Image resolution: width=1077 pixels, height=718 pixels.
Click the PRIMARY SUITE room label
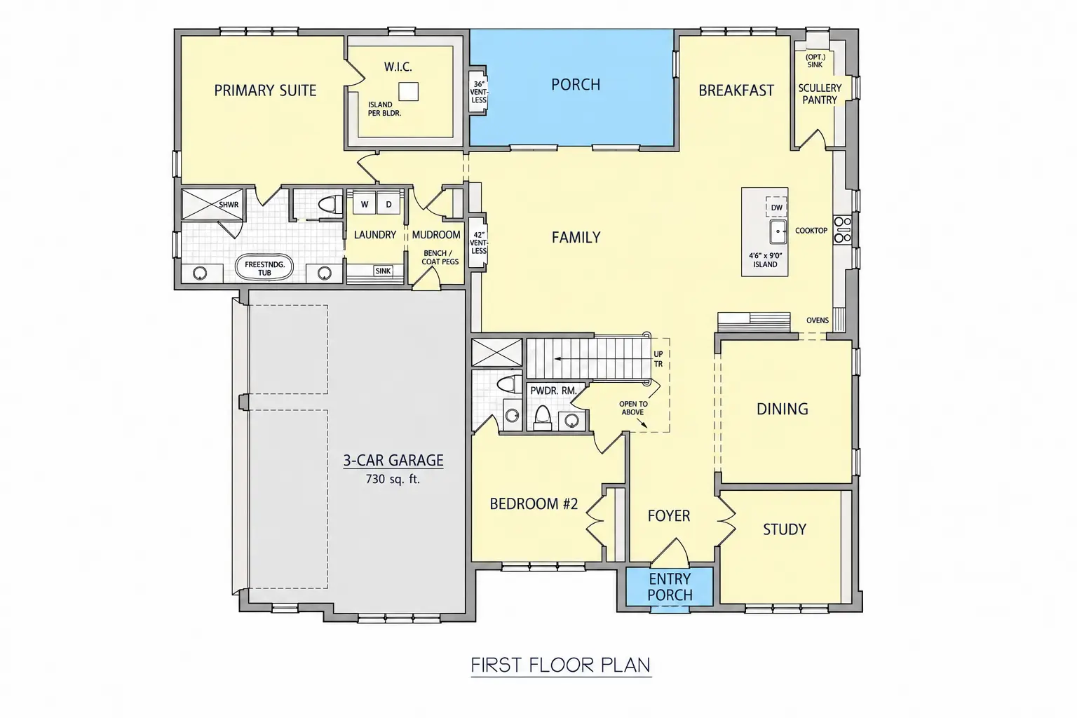[265, 90]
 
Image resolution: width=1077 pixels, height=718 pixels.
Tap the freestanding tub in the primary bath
[264, 269]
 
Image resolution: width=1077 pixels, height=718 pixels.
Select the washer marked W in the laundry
[365, 204]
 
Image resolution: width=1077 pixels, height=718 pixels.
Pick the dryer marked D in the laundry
[388, 204]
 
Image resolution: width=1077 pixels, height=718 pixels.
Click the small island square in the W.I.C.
[408, 91]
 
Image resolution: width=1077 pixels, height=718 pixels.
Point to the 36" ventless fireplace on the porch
[479, 92]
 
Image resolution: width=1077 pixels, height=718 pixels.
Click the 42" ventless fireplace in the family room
[478, 243]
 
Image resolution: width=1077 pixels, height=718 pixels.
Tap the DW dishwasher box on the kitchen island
[776, 208]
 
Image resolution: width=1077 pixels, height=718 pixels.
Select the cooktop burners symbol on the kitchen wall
[842, 230]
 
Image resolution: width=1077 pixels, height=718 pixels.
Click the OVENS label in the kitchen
[818, 320]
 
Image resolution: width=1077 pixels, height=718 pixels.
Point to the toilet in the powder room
[542, 417]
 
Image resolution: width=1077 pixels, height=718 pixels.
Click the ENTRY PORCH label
[670, 587]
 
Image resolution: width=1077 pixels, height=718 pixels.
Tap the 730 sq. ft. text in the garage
[393, 479]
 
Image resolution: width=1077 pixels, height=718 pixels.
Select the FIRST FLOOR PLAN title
[561, 665]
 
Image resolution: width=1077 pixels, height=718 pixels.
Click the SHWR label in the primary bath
[229, 204]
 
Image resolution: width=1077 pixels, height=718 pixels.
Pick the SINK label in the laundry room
[383, 271]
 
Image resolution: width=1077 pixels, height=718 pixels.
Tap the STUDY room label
[784, 529]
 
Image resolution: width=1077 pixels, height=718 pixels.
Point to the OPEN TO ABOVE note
[633, 408]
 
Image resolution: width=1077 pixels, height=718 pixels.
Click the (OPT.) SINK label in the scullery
[815, 60]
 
